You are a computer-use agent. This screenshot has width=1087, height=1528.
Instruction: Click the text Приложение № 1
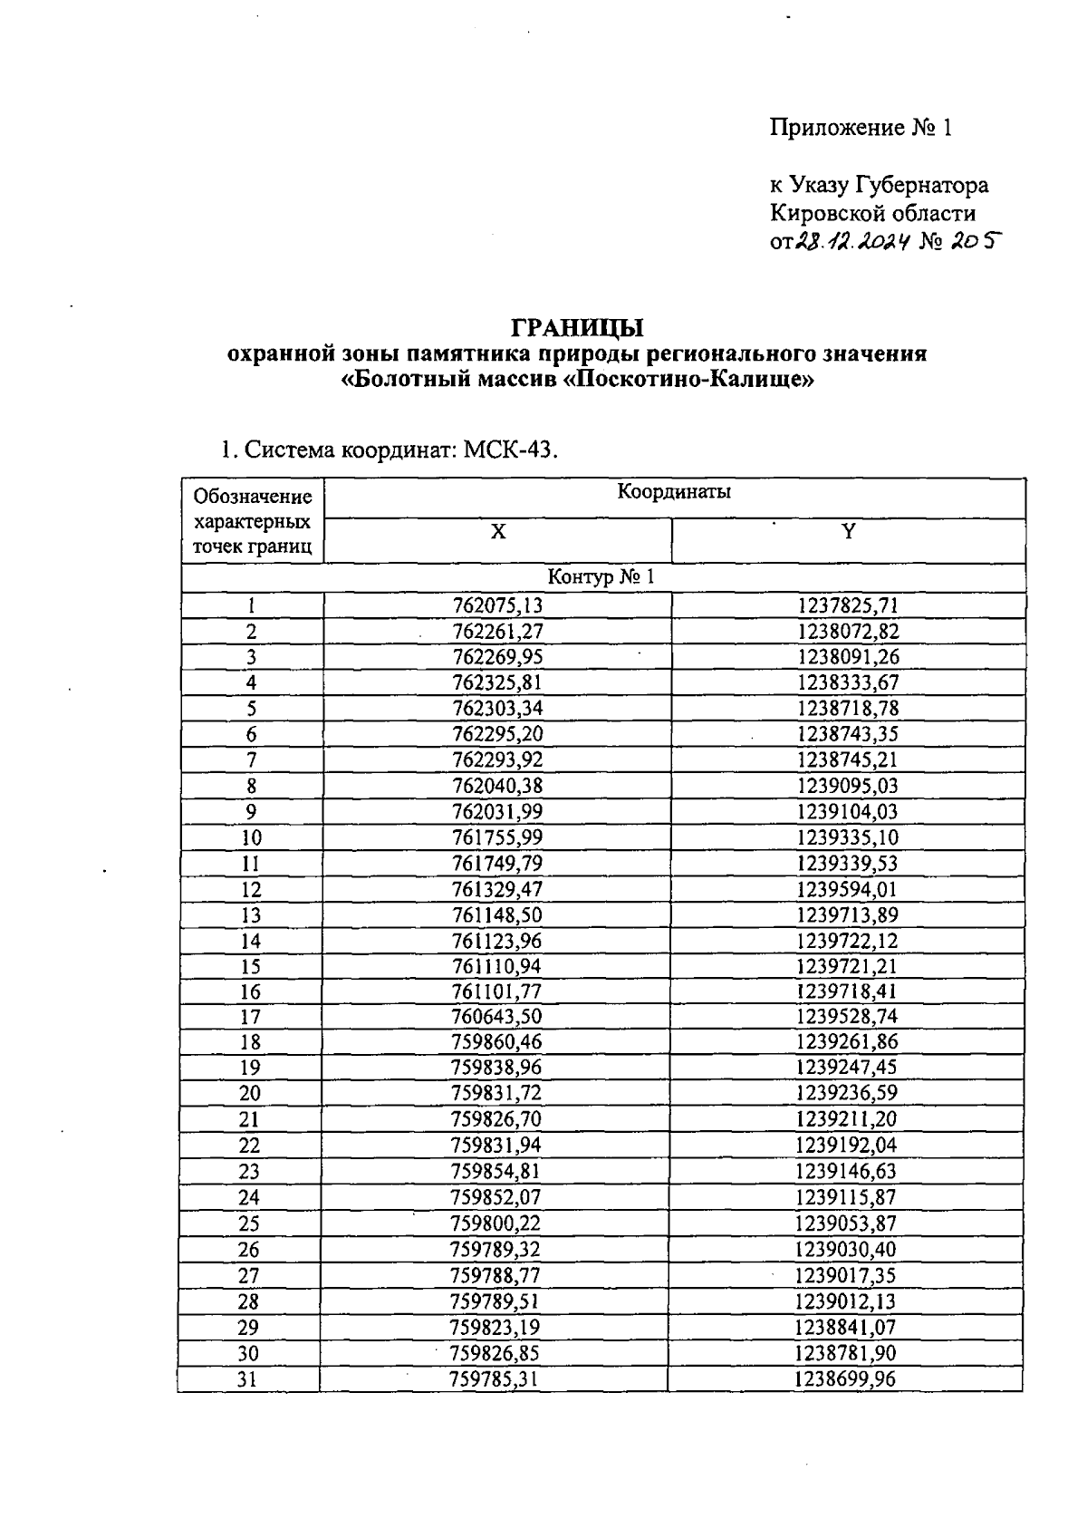tap(861, 128)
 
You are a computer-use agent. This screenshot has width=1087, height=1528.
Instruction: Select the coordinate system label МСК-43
tap(507, 450)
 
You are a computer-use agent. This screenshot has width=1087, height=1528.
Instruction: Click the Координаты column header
tap(674, 492)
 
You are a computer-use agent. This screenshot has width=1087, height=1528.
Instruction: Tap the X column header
tap(497, 532)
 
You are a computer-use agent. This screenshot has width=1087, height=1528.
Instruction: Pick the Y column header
tap(848, 532)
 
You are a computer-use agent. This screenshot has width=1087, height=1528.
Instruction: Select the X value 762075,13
tap(497, 605)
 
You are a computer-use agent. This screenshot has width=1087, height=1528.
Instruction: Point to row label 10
tap(251, 837)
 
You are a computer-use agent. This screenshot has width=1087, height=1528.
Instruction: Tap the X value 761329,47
tap(497, 889)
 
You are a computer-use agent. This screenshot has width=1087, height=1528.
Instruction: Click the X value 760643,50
tap(497, 1017)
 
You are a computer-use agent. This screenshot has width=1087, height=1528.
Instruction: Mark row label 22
tap(249, 1146)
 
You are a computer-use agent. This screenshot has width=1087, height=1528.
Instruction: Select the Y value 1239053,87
tap(846, 1223)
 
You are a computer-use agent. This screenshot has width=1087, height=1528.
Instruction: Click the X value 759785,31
tap(495, 1379)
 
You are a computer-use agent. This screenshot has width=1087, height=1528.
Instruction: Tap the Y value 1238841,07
tap(846, 1328)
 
